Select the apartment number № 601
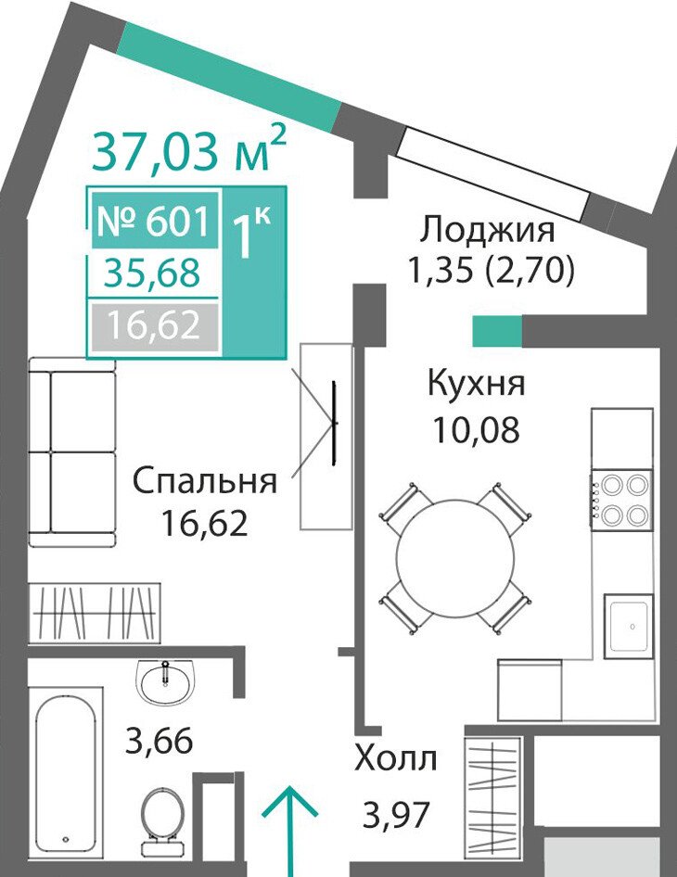click(154, 221)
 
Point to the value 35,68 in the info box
click(152, 273)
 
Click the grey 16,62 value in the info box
click(154, 325)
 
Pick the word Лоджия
click(488, 230)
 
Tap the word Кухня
click(476, 383)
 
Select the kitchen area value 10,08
click(476, 429)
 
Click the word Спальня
click(205, 481)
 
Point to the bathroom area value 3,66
click(160, 742)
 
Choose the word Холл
click(396, 759)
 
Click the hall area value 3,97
click(396, 815)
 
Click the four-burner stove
click(622, 499)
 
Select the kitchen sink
click(629, 627)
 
